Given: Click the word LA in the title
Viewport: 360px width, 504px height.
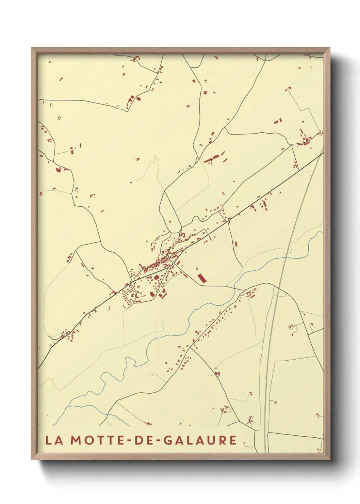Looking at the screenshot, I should point(54,440).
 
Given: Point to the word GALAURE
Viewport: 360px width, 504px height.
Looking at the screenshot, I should point(199,440).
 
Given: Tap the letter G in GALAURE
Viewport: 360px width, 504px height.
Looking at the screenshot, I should point(167,440).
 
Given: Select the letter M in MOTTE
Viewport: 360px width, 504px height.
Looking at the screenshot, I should point(76,440).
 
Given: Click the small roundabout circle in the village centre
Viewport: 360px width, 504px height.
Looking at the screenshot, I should point(174,263).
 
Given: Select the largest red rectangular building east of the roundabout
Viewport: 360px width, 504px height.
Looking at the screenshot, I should point(202,278).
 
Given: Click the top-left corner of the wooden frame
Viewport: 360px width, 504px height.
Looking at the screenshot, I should point(32,48).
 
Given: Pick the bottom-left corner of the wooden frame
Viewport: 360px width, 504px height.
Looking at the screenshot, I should point(32,459).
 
